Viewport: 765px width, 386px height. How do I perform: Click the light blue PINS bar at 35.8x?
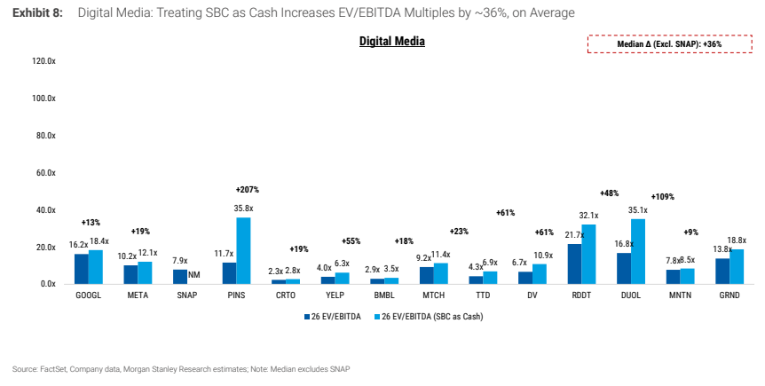(243, 250)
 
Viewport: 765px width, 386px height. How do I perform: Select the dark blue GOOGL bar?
(82, 269)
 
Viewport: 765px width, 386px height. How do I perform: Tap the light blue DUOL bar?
(638, 251)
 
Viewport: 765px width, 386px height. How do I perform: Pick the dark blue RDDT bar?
(574, 264)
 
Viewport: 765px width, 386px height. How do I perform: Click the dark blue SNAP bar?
(180, 277)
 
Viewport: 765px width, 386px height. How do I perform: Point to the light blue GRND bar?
(737, 266)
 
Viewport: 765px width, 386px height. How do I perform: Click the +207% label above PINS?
(248, 189)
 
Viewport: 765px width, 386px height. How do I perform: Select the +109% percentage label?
(663, 197)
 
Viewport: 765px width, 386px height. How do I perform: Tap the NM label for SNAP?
(194, 275)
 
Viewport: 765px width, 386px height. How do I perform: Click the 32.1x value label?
(589, 216)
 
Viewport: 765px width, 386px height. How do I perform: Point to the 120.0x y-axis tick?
(43, 61)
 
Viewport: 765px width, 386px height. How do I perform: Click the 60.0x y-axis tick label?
(45, 173)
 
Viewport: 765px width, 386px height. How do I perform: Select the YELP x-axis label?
(335, 295)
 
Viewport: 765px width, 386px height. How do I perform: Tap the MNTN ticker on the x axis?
(680, 295)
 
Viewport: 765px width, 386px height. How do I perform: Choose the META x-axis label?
(138, 295)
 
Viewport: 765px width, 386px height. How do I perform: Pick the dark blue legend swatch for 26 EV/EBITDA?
(307, 317)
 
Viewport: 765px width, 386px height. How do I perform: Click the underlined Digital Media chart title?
(392, 42)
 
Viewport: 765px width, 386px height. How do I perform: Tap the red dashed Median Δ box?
(669, 43)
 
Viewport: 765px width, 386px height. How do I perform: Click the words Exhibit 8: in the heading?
(37, 12)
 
